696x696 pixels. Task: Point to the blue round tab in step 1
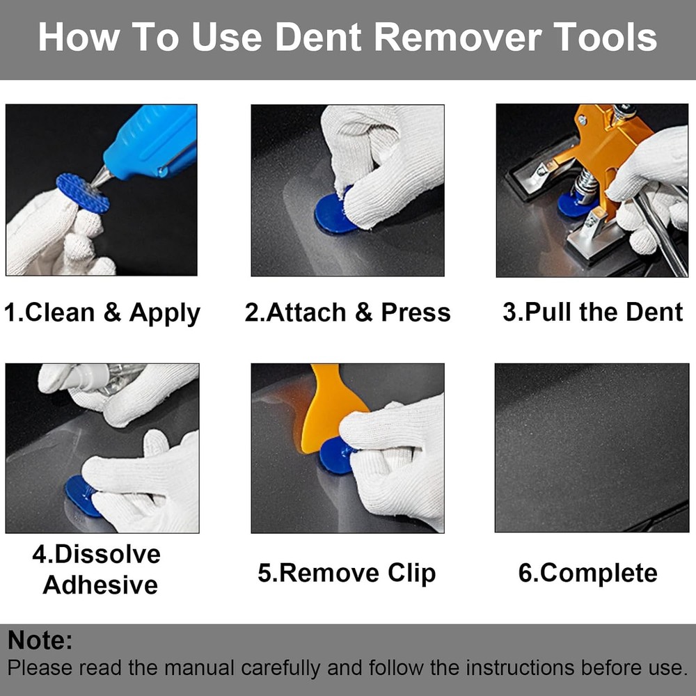point(82,193)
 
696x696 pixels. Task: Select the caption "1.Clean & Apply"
point(102,313)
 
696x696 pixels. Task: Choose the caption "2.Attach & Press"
point(347,313)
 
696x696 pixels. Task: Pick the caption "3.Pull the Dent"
point(593,312)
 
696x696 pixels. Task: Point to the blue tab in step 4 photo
point(82,495)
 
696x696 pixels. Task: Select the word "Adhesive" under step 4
point(100,585)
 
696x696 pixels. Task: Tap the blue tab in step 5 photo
point(335,455)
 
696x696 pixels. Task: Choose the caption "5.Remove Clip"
point(347,573)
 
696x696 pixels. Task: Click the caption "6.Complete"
point(587,573)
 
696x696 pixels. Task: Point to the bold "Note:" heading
point(40,640)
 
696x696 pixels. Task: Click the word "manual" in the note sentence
point(198,668)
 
